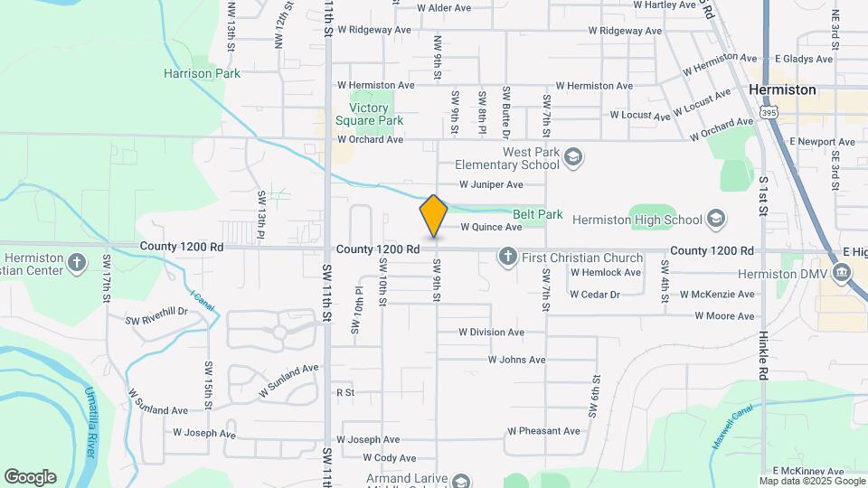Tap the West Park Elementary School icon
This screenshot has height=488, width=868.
[x=572, y=159]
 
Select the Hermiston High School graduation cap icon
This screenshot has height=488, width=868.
[x=716, y=220]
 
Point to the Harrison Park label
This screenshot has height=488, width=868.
[x=203, y=73]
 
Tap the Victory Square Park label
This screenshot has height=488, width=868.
[x=369, y=114]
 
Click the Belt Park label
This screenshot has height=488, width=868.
[x=537, y=215]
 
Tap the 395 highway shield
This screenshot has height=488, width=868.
[x=769, y=113]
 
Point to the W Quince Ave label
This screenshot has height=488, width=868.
[x=491, y=228]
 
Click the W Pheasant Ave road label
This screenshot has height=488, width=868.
[x=543, y=431]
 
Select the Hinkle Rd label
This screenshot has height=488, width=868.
[x=764, y=359]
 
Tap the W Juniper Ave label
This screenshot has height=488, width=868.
[x=491, y=185]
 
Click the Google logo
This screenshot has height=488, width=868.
[x=30, y=477]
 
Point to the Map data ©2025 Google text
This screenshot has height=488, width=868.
[x=810, y=481]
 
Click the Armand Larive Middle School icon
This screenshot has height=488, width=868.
[x=461, y=481]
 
